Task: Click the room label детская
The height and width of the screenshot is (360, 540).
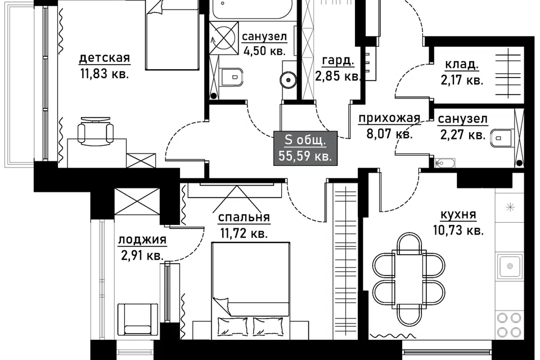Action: [105, 57]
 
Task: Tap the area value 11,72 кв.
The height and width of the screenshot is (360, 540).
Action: [244, 233]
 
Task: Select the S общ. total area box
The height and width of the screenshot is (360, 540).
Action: [305, 148]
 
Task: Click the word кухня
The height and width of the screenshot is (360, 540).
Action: [458, 215]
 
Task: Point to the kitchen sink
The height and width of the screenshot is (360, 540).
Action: [510, 266]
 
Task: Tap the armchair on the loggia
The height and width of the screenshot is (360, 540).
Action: [138, 319]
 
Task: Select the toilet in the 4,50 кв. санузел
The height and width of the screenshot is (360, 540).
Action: [231, 76]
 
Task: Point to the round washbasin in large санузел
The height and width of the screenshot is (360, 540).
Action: [287, 80]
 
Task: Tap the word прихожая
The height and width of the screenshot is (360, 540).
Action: [389, 118]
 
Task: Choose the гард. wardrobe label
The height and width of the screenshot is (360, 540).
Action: [338, 61]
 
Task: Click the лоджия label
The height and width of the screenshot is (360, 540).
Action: [142, 240]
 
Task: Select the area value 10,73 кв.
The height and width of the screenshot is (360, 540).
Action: [458, 230]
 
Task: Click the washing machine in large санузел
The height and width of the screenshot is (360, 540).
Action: [224, 38]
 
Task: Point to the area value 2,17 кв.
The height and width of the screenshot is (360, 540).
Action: [462, 80]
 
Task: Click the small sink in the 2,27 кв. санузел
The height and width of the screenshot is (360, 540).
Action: [444, 163]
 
